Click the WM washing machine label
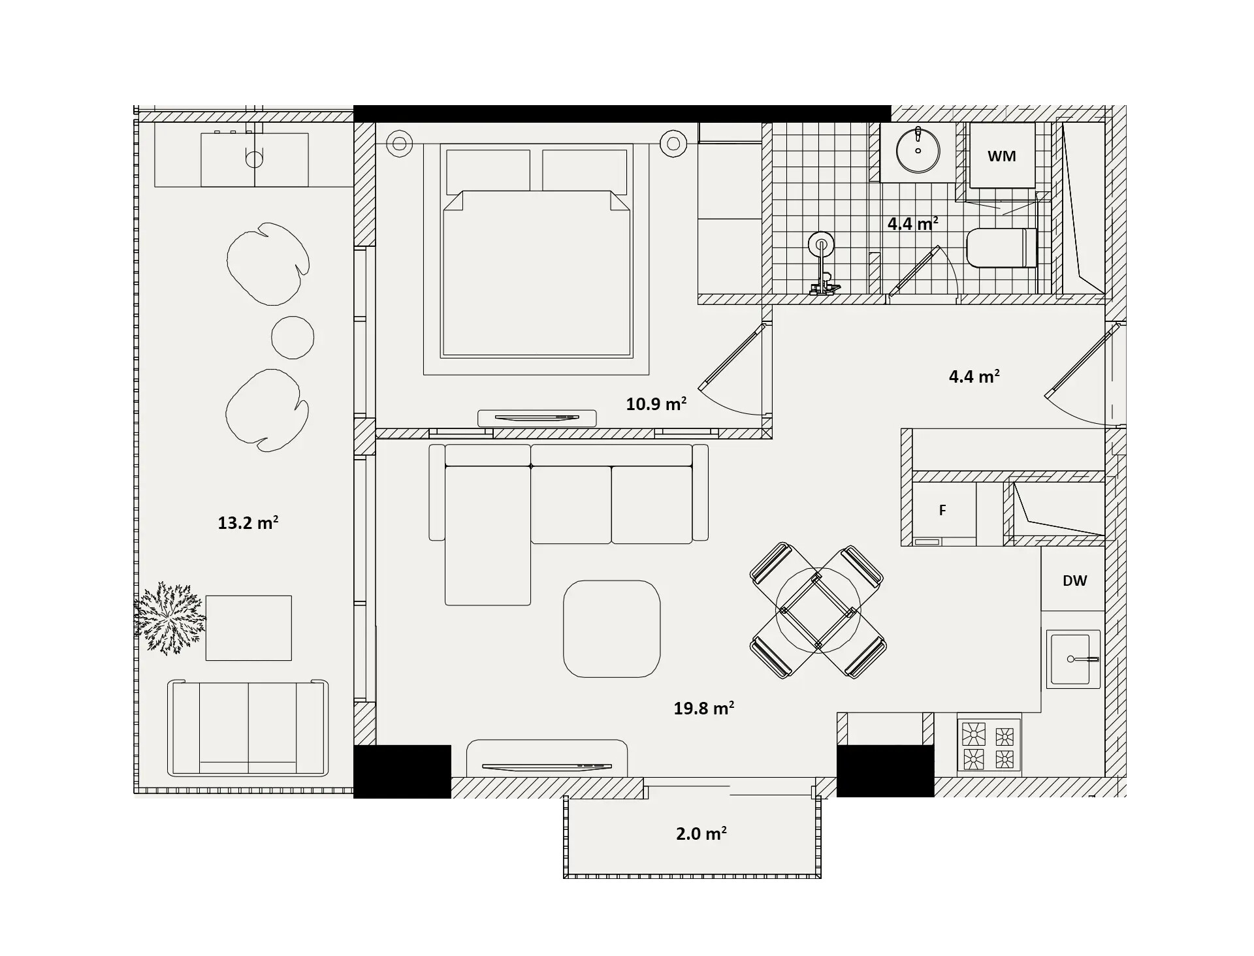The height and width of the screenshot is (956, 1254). point(1001,156)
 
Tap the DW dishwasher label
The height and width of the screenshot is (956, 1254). point(1074,581)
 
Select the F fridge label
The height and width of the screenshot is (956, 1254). point(942,510)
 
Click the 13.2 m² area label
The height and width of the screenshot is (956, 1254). point(248,522)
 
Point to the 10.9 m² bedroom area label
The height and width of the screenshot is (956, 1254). point(656,404)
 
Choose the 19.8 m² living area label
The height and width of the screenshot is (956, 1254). point(704,708)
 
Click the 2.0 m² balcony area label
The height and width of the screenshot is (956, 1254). point(701,833)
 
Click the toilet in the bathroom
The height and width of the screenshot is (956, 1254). point(1001,247)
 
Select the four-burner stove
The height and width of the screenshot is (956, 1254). point(989,744)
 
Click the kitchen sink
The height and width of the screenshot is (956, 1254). point(1073,659)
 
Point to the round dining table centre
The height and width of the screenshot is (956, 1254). point(818,610)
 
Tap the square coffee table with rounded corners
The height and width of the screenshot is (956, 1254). point(612,629)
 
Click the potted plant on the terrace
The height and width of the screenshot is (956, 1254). point(170,618)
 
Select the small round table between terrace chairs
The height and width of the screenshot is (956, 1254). point(293,337)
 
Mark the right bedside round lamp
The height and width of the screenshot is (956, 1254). point(673,143)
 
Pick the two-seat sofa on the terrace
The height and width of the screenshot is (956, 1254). point(248,727)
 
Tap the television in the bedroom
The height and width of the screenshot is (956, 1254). point(537,418)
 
